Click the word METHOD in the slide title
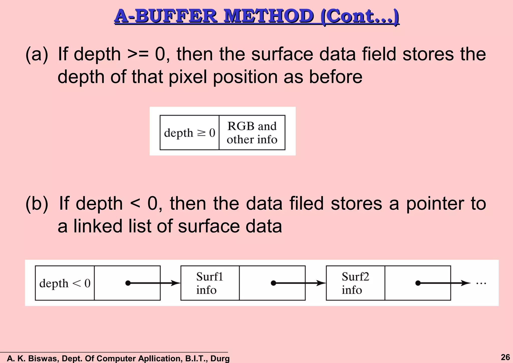(269, 17)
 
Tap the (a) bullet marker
(37, 54)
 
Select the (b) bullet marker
(37, 204)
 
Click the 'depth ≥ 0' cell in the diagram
(189, 133)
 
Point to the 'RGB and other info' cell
(252, 133)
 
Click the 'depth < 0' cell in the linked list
(65, 283)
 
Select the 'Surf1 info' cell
(210, 283)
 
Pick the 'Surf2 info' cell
(355, 283)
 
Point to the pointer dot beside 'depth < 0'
(128, 283)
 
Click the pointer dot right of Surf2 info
(418, 283)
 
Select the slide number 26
(505, 357)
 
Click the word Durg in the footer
(220, 358)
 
